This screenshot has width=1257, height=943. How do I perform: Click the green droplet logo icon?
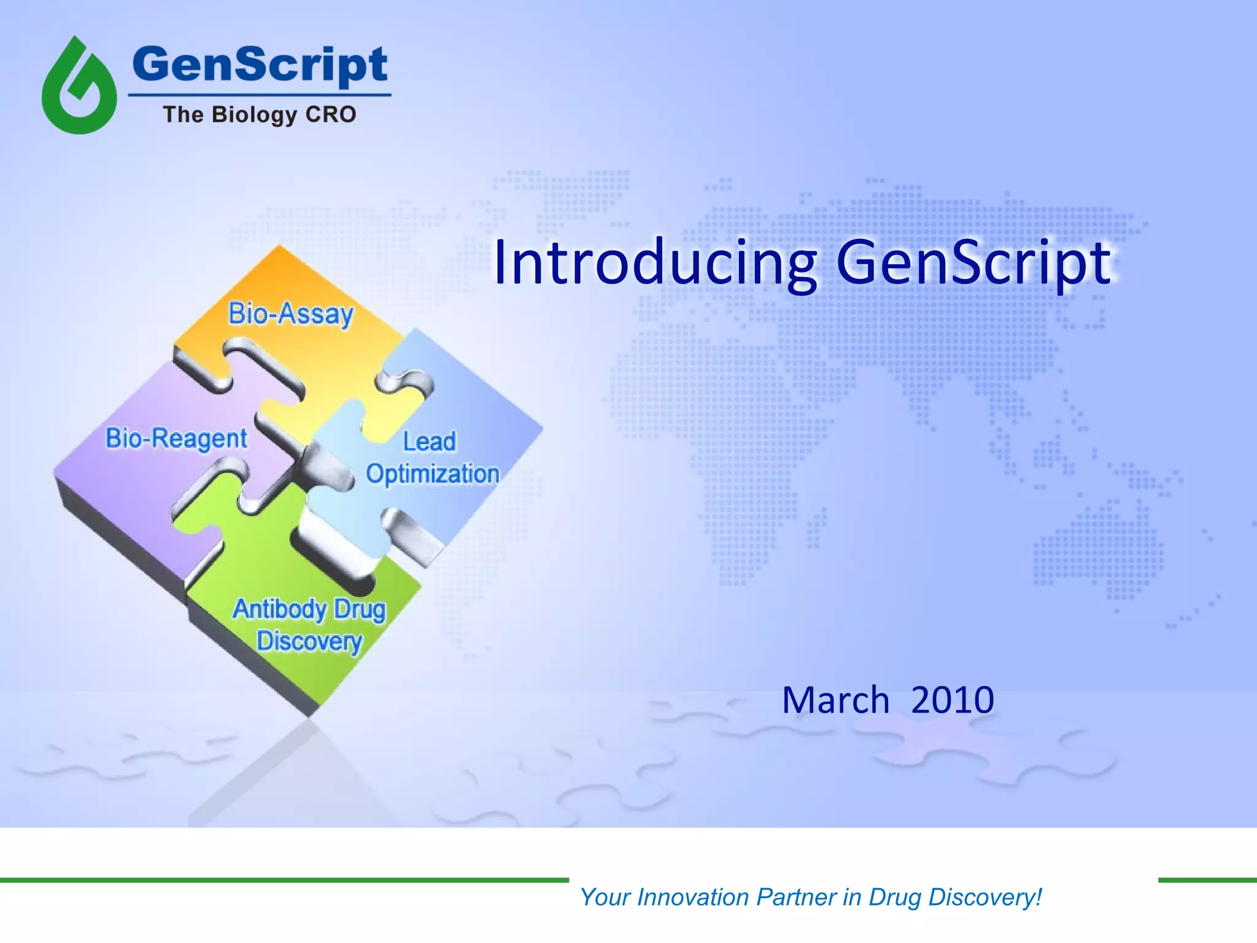click(x=79, y=86)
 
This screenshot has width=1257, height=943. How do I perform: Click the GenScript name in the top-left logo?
click(x=260, y=65)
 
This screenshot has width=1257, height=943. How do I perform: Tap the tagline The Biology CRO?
click(x=260, y=115)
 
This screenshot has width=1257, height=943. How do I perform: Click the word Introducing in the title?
click(x=654, y=263)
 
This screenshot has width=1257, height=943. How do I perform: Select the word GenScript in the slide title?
click(x=973, y=263)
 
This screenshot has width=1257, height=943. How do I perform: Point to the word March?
click(x=835, y=700)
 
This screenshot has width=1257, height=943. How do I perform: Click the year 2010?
click(x=952, y=700)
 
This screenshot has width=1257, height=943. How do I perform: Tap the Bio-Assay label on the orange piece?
click(x=291, y=314)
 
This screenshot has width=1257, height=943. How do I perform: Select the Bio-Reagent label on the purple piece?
click(x=176, y=438)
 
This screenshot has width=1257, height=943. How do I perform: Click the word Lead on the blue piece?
click(x=429, y=441)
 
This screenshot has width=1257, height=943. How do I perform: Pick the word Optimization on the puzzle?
click(x=432, y=474)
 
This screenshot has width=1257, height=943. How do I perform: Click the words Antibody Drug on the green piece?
click(x=309, y=610)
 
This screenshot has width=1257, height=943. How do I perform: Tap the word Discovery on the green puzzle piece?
click(x=309, y=642)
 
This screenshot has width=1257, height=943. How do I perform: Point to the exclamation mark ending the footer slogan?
click(x=1038, y=896)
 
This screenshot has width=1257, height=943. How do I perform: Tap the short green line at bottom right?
click(x=1207, y=880)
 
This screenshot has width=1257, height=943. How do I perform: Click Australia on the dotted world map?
click(x=1099, y=546)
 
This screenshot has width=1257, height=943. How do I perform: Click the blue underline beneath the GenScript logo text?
click(x=260, y=95)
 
